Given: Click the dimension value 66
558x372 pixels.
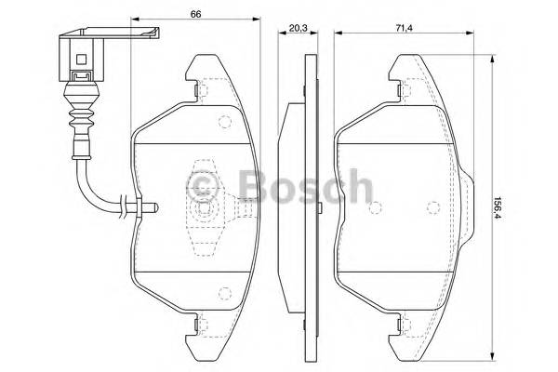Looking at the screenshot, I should [196, 14].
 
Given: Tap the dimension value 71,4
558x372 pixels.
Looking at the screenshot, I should [405, 29].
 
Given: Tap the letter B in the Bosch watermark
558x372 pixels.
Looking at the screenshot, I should [252, 188].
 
